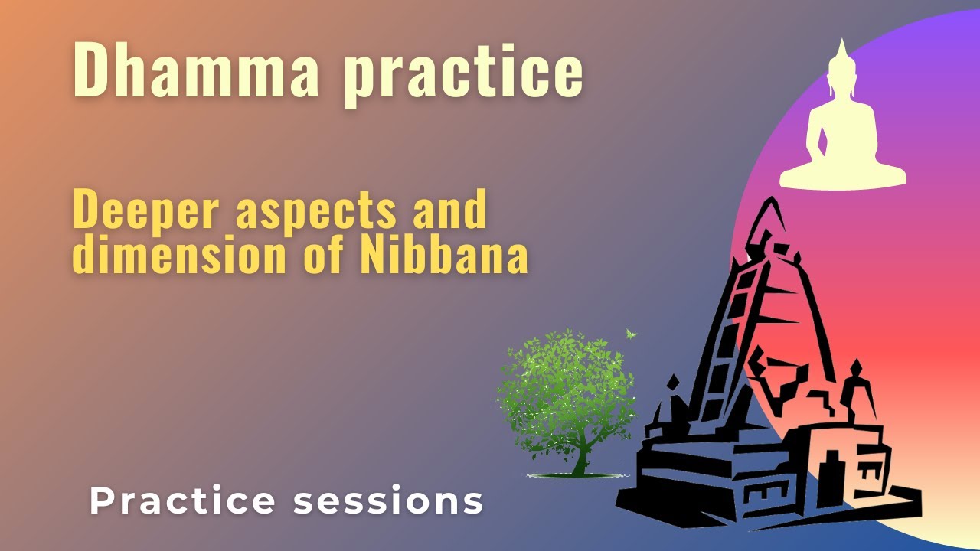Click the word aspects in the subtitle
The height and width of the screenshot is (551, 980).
tap(316, 212)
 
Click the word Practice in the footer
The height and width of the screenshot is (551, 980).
tap(182, 501)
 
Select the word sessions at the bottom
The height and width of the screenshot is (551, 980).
tap(389, 501)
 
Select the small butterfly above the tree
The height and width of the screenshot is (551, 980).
tap(631, 334)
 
